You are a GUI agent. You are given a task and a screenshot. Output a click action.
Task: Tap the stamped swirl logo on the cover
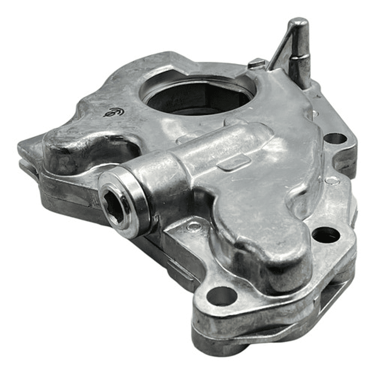113,112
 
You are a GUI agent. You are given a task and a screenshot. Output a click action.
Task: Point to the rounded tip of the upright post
300,23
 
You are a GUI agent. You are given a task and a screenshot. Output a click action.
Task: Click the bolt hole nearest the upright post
334,139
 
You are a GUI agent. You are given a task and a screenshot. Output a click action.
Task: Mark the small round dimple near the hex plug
194,226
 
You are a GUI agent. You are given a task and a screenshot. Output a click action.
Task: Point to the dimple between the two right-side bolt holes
331,180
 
